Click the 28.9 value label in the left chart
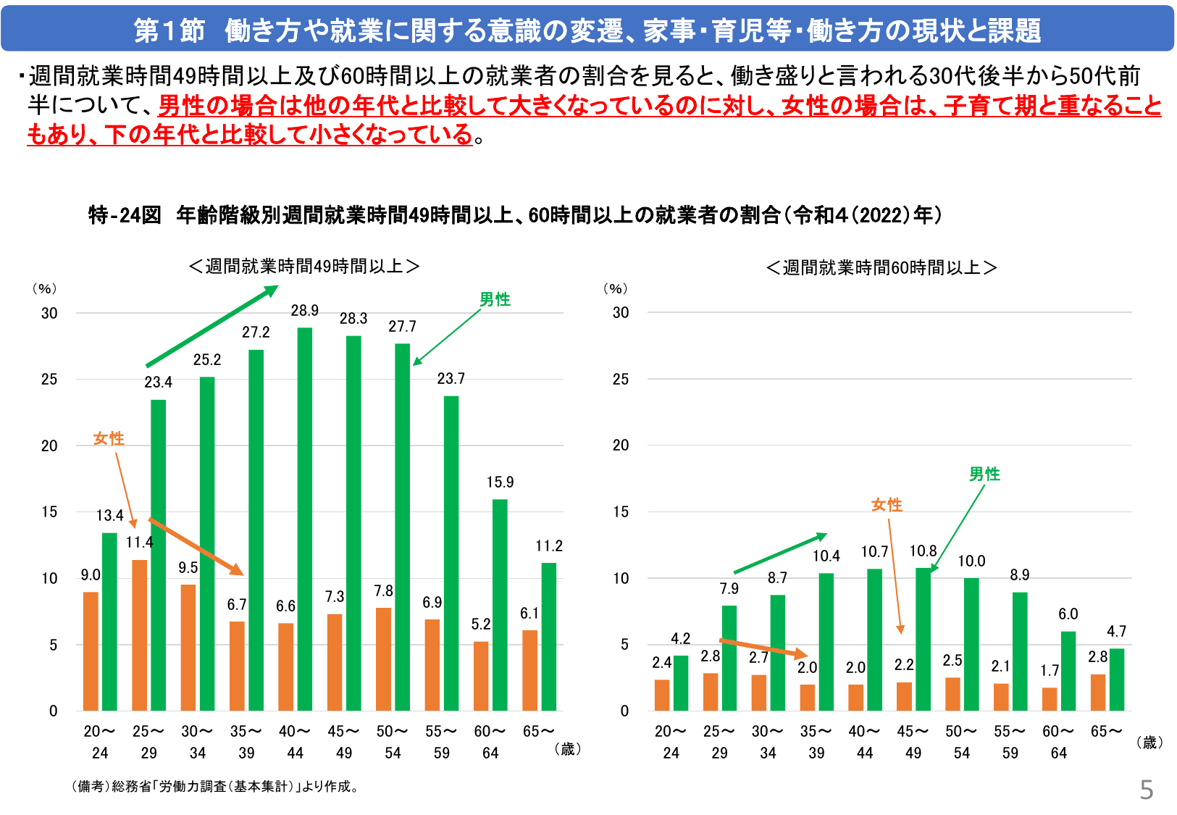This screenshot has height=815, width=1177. [305, 311]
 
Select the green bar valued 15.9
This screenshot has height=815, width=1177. [500, 605]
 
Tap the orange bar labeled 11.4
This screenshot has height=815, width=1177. [139, 635]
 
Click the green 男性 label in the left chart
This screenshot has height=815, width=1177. [495, 299]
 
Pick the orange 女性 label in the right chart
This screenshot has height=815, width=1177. [887, 504]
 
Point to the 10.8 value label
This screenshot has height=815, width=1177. [923, 551]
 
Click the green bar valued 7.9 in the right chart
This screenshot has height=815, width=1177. [729, 658]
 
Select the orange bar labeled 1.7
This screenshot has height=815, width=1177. [1050, 698]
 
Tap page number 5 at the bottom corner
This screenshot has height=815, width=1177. [1146, 790]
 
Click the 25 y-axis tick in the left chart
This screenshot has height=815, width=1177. [49, 380]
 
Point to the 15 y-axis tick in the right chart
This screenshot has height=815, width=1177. [621, 512]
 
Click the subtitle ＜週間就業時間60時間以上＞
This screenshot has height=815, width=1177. [881, 268]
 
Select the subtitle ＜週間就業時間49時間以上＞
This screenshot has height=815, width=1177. [304, 267]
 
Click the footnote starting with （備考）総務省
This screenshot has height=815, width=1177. [215, 787]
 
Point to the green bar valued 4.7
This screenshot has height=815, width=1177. [1117, 680]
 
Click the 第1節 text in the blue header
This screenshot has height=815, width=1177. [169, 30]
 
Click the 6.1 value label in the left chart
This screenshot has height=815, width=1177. [529, 614]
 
